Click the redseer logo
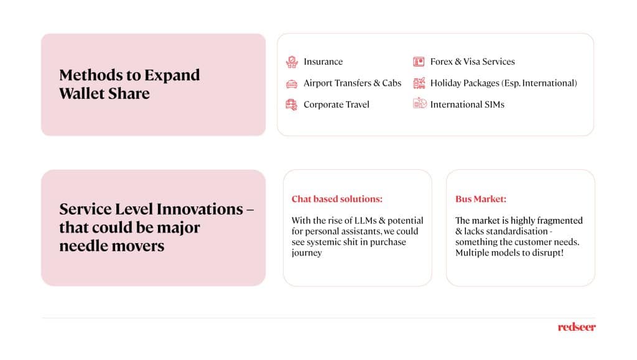point(577,327)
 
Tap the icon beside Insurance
point(292,62)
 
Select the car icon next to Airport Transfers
point(292,83)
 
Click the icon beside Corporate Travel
point(291,104)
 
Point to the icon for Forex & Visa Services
point(419,62)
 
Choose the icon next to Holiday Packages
point(419,83)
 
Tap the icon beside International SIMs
point(420,103)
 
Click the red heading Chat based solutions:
point(337,199)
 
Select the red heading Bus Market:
point(481,199)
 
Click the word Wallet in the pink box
point(81,94)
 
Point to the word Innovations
point(200,209)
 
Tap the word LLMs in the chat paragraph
point(365,220)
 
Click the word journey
point(307,253)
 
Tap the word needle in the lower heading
point(83,246)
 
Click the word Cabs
point(392,83)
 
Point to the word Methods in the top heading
point(91,75)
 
